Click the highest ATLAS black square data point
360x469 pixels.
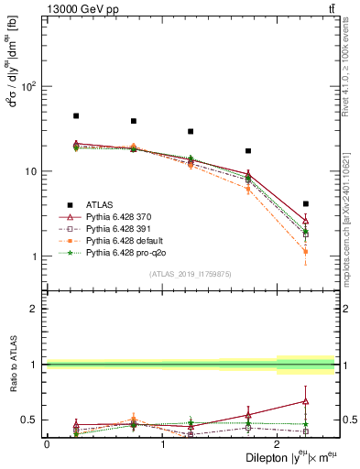[76, 116]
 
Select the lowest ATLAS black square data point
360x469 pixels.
[305, 203]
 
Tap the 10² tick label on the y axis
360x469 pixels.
[27, 87]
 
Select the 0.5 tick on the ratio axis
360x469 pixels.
[30, 420]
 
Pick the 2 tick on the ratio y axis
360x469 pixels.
[36, 309]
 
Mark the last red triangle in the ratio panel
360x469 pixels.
[305, 401]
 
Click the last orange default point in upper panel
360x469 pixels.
[305, 251]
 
